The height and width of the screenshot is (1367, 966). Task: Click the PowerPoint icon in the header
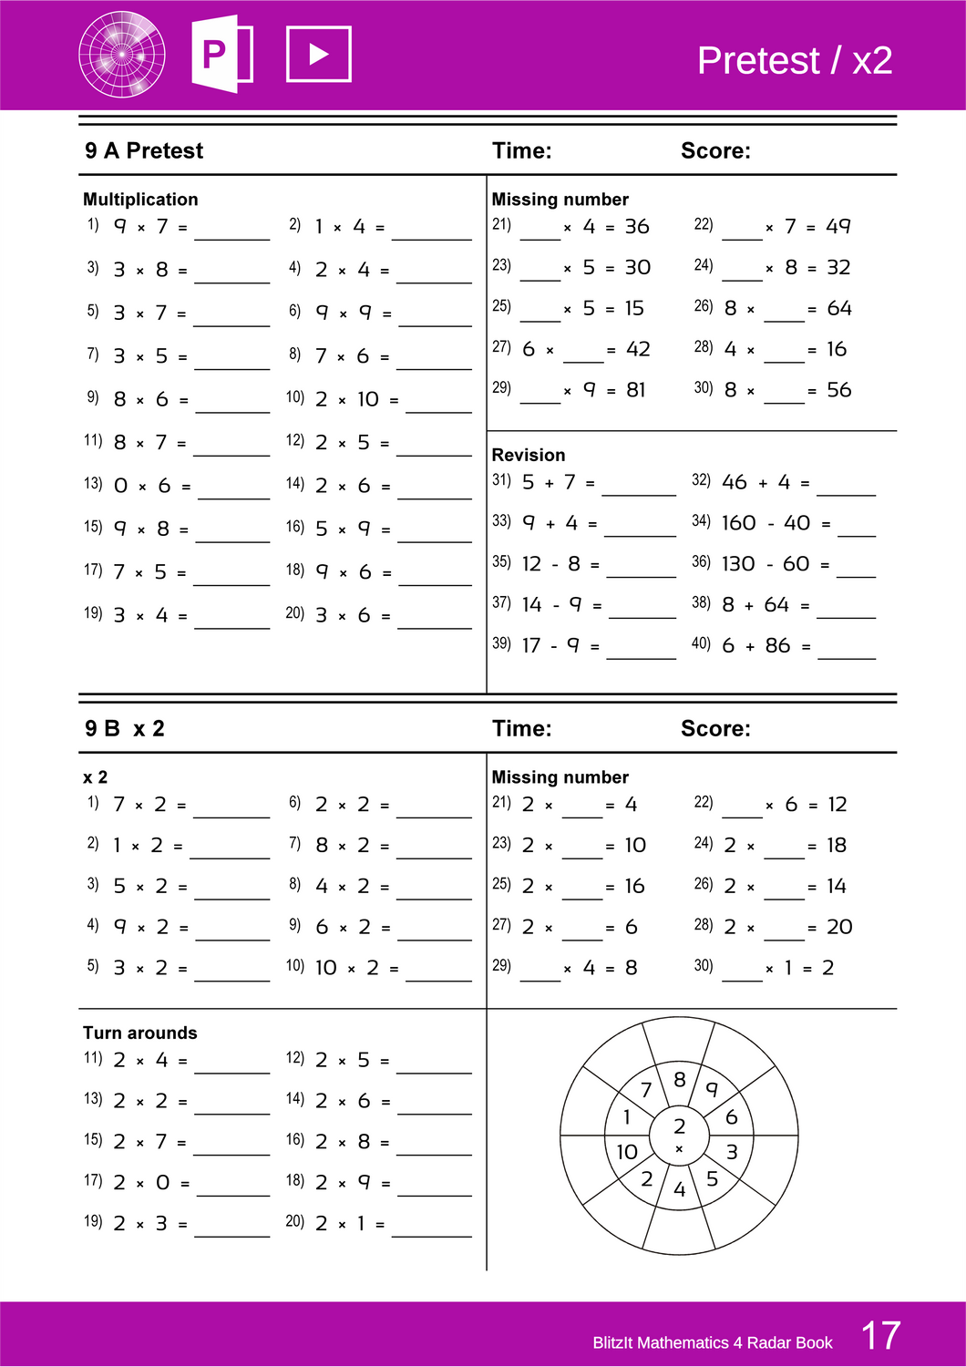(x=221, y=54)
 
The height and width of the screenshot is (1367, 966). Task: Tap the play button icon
(x=318, y=55)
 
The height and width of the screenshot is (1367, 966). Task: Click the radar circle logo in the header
(x=122, y=55)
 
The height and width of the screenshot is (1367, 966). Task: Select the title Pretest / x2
(x=794, y=61)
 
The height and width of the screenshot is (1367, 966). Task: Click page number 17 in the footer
(x=880, y=1336)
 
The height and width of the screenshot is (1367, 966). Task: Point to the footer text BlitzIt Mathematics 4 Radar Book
(x=712, y=1342)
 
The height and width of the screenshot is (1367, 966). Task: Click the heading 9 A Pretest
(x=144, y=151)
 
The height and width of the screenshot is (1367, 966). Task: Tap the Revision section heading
(x=528, y=455)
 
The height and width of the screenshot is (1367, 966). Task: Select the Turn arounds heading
(x=139, y=1033)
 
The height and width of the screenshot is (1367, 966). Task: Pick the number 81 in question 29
(x=636, y=390)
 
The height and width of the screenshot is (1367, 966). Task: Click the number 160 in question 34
(x=738, y=523)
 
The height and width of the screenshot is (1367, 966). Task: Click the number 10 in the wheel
(x=626, y=1152)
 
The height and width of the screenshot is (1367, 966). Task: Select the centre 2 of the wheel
(x=679, y=1126)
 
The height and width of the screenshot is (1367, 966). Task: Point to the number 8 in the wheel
(x=679, y=1080)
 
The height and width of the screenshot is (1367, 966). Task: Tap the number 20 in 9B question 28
(x=839, y=927)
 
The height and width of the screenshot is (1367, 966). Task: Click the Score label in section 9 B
(x=715, y=729)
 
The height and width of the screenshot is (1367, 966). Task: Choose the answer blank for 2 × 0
(x=232, y=1187)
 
